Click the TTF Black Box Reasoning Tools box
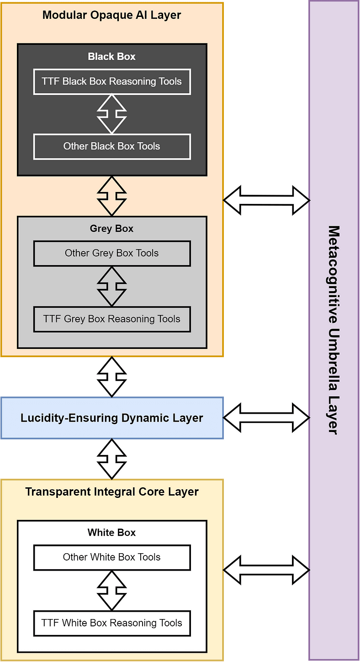(112, 82)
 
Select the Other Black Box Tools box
(112, 147)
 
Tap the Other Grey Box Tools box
(112, 253)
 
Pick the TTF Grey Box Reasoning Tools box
(112, 319)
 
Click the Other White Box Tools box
(112, 557)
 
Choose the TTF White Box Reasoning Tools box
(112, 623)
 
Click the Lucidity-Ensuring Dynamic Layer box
(112, 418)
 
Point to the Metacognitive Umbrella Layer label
(334, 330)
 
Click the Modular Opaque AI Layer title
(112, 15)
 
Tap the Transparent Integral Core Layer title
(112, 492)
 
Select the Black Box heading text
(112, 57)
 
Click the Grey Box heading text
(112, 229)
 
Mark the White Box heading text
(112, 533)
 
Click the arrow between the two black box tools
(112, 114)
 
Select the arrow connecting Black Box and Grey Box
(112, 196)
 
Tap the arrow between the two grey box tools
(112, 286)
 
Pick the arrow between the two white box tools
(112, 590)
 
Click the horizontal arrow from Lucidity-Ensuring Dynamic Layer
(266, 418)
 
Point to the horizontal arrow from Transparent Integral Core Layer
(266, 570)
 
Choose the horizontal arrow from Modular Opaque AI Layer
(266, 200)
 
